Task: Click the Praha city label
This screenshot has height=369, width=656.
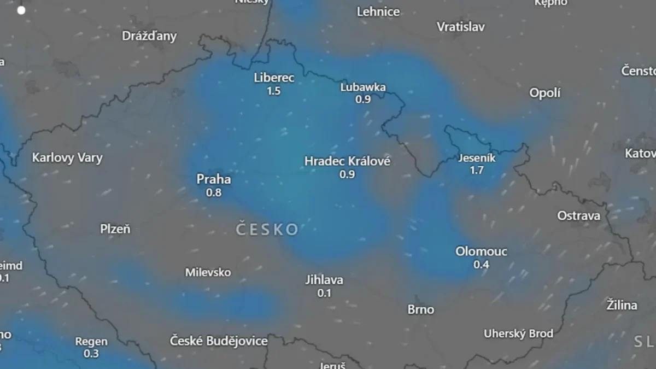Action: click(214, 179)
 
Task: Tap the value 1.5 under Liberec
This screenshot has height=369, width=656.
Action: click(273, 91)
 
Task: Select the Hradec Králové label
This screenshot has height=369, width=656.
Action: click(347, 161)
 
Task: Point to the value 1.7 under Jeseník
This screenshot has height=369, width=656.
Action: click(476, 171)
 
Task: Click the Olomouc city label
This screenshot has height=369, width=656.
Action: click(481, 251)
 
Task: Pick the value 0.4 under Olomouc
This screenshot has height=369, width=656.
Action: click(481, 265)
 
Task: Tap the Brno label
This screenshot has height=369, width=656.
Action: click(420, 309)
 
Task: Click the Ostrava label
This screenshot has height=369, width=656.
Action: click(578, 216)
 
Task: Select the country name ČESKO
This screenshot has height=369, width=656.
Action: click(267, 229)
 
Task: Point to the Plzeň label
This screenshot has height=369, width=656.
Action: click(115, 229)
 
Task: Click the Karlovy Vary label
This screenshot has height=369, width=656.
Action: click(67, 158)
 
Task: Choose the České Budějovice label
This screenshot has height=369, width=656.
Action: click(219, 341)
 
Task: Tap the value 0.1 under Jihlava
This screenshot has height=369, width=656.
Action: click(324, 294)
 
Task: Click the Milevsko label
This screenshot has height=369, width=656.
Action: click(208, 272)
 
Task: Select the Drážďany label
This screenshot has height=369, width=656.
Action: click(149, 36)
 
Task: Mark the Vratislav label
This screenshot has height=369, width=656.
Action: click(460, 26)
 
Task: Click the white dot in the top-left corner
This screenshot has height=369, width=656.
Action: click(21, 10)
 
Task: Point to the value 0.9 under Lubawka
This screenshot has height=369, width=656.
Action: click(363, 99)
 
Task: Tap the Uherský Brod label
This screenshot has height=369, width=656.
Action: click(518, 333)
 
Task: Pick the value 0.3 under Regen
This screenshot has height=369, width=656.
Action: click(91, 354)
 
